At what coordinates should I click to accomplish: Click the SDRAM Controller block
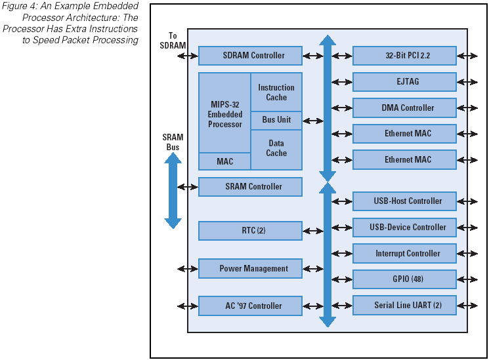[250, 56]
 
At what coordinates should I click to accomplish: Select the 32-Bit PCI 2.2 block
[404, 56]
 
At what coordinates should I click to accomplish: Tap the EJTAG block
[404, 82]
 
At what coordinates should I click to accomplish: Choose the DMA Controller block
[404, 108]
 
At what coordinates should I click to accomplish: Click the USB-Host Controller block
[404, 201]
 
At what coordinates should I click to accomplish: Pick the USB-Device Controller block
[404, 228]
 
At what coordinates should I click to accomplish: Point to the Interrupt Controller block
[404, 254]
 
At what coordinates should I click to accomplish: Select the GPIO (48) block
[404, 279]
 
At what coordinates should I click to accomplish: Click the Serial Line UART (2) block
[404, 306]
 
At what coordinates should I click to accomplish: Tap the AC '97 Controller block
[250, 306]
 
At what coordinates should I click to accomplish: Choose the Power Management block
[250, 268]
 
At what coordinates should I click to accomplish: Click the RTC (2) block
[250, 231]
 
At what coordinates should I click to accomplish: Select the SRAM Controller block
[250, 187]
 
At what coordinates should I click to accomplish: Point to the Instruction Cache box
[276, 92]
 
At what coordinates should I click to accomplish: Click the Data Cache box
[276, 148]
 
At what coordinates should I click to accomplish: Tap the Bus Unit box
[276, 121]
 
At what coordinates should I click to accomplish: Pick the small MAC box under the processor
[224, 161]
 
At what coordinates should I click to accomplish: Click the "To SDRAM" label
[173, 41]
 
